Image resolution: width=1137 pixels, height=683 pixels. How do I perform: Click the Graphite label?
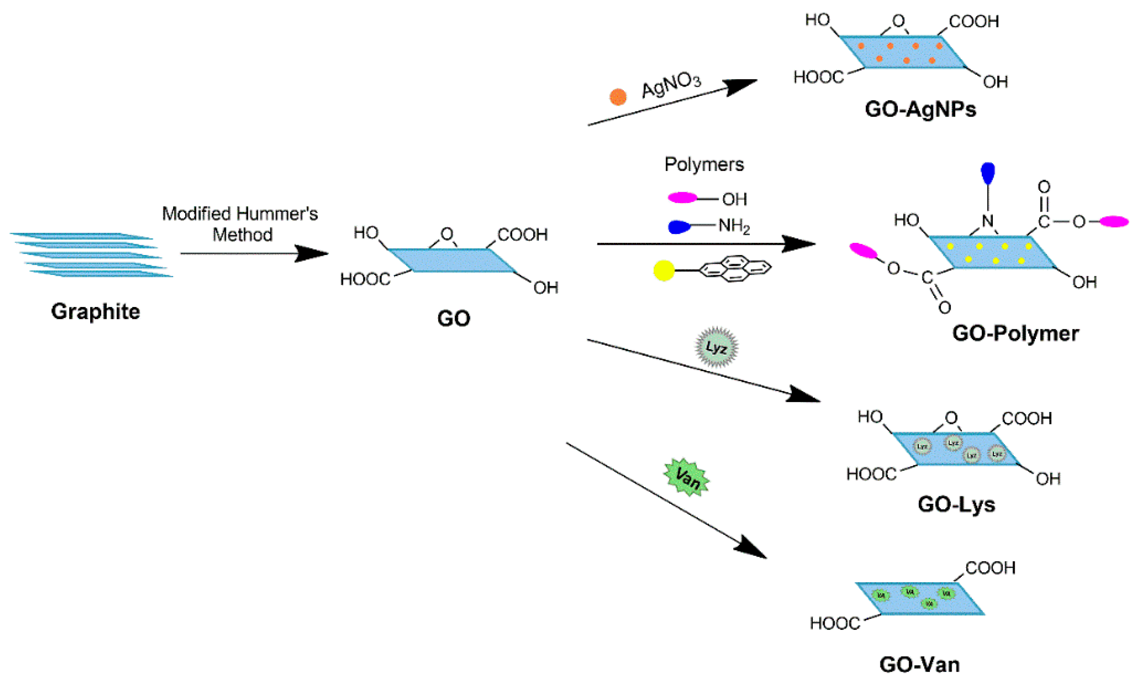point(95,311)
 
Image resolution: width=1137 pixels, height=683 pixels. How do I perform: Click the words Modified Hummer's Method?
point(240,224)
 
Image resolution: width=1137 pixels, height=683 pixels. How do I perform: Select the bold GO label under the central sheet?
point(453,318)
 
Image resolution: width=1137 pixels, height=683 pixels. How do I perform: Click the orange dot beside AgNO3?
point(618,97)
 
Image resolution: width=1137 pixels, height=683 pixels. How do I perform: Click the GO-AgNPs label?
point(920,110)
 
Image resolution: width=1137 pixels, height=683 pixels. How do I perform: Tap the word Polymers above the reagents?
point(704,165)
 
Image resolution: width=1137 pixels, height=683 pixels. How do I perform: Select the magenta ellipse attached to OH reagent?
point(682,198)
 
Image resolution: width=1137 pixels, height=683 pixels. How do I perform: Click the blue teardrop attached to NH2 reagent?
point(679,227)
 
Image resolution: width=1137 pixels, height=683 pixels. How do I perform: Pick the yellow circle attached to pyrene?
point(664,270)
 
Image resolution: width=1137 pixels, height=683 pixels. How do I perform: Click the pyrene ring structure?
point(735,268)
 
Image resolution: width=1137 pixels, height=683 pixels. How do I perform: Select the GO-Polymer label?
point(1015,333)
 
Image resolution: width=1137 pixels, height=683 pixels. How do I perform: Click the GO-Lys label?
point(956,504)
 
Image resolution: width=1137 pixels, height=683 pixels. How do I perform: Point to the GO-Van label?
point(919,665)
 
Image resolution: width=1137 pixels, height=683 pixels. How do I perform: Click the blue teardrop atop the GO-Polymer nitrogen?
point(988,173)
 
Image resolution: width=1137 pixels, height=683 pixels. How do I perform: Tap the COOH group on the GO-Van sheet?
point(990,568)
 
